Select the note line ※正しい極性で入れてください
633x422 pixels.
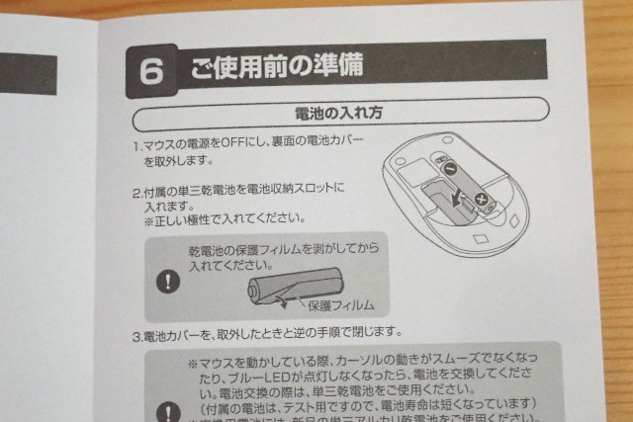point(222,219)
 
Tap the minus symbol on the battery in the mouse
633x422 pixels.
point(449,169)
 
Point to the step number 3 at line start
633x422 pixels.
point(136,336)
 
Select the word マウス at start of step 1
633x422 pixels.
point(164,145)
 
